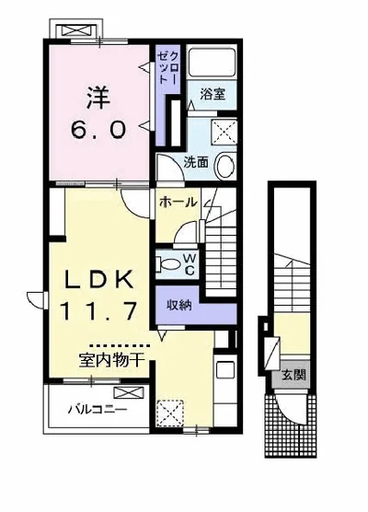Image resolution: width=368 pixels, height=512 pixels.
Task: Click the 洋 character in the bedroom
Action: point(98,97)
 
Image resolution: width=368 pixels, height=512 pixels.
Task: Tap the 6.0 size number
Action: point(98,129)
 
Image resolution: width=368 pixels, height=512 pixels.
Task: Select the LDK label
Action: point(98,279)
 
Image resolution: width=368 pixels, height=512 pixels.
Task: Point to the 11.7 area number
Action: point(98,310)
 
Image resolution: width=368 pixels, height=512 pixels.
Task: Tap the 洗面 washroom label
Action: point(196,162)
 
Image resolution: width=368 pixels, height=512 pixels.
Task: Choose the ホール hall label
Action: point(178,203)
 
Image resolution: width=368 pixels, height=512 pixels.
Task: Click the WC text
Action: point(190,264)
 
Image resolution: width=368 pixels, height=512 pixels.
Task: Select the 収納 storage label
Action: point(179,306)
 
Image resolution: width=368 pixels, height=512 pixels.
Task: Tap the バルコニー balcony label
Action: point(98,409)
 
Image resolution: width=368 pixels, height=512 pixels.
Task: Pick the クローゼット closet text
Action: point(167,68)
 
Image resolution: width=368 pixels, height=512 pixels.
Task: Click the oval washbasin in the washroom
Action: point(225,166)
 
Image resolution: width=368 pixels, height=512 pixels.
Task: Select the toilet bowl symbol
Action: point(167,263)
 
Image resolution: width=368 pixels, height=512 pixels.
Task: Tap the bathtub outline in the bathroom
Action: point(212,62)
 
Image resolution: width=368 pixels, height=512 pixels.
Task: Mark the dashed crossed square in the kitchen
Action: point(169,413)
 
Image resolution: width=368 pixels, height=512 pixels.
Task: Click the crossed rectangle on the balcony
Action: point(129,392)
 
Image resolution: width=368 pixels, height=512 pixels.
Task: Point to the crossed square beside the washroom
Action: point(224,132)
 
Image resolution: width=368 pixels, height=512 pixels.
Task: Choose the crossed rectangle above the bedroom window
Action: point(76,31)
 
